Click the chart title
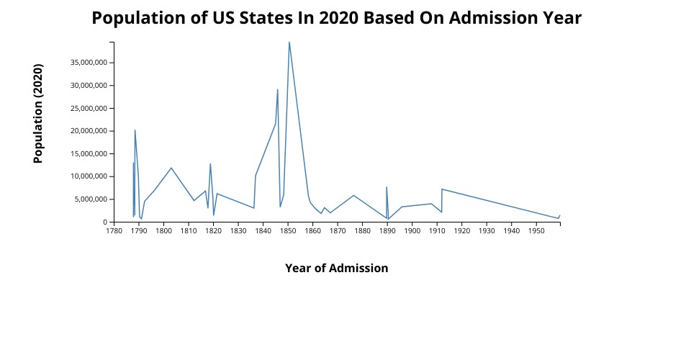[x=336, y=18]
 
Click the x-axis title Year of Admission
[x=336, y=269]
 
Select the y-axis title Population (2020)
[x=39, y=114]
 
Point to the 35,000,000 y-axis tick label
[x=88, y=63]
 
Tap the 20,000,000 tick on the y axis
[x=88, y=131]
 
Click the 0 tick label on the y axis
[x=104, y=222]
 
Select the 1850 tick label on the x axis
[x=288, y=231]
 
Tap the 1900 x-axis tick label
[x=412, y=231]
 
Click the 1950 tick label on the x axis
[x=536, y=231]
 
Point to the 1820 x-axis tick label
[x=213, y=231]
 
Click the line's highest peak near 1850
[x=289, y=42]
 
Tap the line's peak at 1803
[x=171, y=168]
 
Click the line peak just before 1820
[x=210, y=164]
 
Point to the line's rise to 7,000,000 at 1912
[x=442, y=189]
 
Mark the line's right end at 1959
[x=559, y=215]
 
